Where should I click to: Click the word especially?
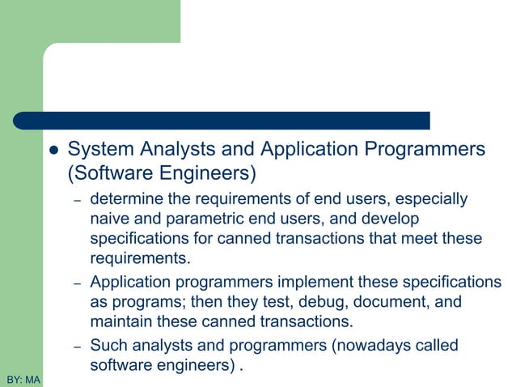[x=433, y=198]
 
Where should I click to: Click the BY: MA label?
[x=23, y=379]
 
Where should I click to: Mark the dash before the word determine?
[x=77, y=201]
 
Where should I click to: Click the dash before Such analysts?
[x=77, y=347]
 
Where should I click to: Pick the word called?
[x=433, y=346]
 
